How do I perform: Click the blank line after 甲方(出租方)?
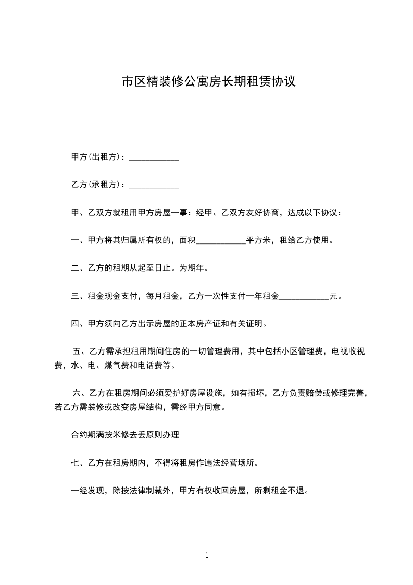(154, 157)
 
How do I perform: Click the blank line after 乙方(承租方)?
(154, 185)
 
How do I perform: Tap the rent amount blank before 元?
(304, 297)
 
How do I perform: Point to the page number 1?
(207, 555)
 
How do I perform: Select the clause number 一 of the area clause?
(74, 241)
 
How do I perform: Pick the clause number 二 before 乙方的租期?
(74, 269)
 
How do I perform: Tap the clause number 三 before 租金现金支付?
(74, 297)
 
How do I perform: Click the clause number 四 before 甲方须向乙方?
(74, 324)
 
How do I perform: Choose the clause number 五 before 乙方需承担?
(77, 352)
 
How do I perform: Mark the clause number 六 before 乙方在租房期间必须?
(77, 393)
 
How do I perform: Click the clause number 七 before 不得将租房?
(74, 462)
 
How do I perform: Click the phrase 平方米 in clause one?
(258, 241)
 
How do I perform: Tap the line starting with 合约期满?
(124, 434)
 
